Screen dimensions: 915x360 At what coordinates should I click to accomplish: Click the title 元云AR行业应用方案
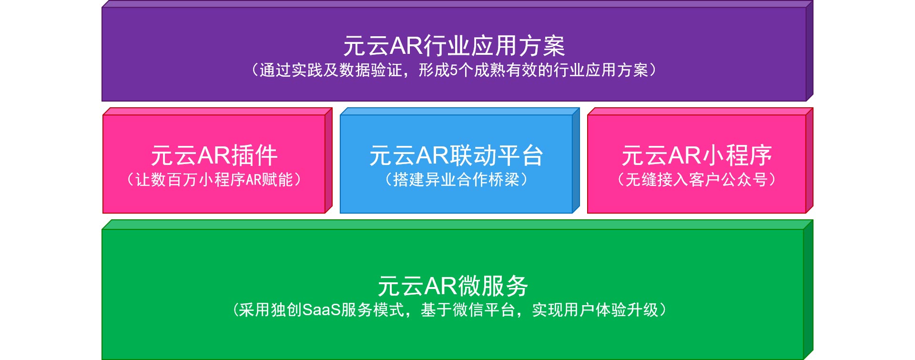pyautogui.click(x=454, y=46)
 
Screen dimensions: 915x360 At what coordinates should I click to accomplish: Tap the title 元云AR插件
pyautogui.click(x=214, y=155)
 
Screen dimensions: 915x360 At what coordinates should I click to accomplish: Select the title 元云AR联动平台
pyautogui.click(x=456, y=155)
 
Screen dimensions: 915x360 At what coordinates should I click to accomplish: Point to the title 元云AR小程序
pyautogui.click(x=697, y=155)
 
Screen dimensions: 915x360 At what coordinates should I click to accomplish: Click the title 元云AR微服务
pyautogui.click(x=453, y=286)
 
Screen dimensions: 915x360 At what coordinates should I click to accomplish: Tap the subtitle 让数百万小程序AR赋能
pyautogui.click(x=214, y=180)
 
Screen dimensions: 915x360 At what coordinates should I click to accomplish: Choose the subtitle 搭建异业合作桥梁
pyautogui.click(x=456, y=180)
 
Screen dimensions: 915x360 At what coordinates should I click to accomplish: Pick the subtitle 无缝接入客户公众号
pyautogui.click(x=697, y=180)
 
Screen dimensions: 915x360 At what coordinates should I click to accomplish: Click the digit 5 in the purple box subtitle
pyautogui.click(x=454, y=71)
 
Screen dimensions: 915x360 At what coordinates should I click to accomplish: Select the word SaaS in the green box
pyautogui.click(x=322, y=310)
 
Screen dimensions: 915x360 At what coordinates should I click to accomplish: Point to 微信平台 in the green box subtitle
pyautogui.click(x=484, y=310)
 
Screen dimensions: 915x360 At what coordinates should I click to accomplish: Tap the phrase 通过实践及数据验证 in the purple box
pyautogui.click(x=331, y=71)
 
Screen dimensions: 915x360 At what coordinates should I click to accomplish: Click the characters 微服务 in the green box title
pyautogui.click(x=494, y=286)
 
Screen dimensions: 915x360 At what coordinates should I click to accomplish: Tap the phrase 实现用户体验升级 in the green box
pyautogui.click(x=595, y=310)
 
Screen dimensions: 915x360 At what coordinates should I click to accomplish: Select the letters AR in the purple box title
pyautogui.click(x=407, y=46)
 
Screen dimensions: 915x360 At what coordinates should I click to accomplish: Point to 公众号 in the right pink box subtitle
pyautogui.click(x=744, y=180)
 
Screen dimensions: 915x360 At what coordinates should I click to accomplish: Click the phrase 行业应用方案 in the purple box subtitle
pyautogui.click(x=601, y=71)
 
